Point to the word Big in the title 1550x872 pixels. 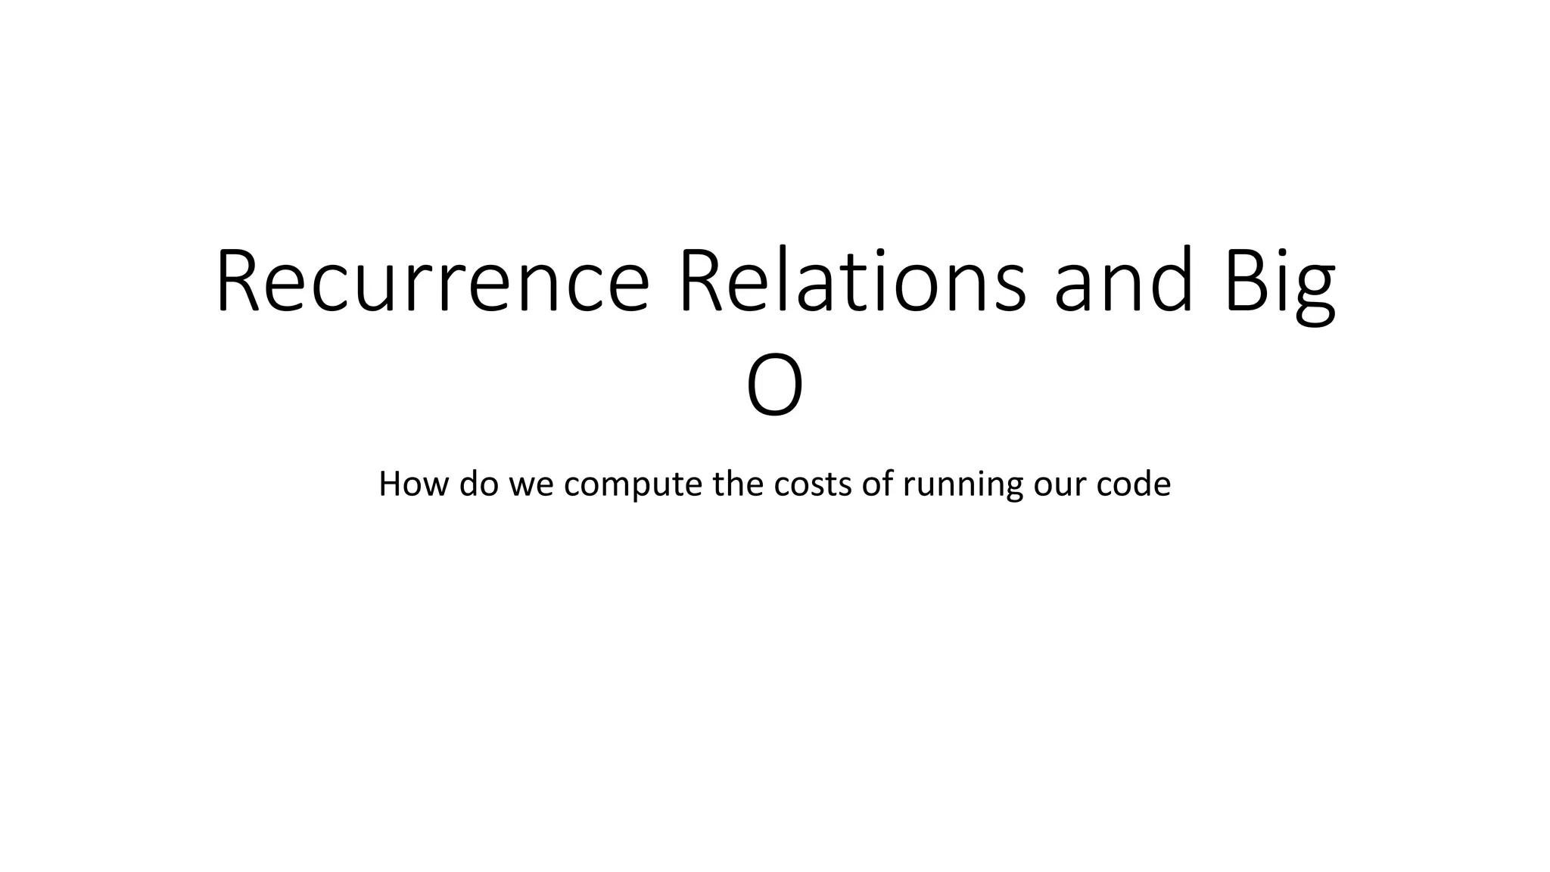[x=1280, y=282]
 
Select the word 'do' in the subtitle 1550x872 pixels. [x=479, y=484]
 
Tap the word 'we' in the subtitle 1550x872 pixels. [x=532, y=485]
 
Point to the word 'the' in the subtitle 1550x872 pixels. [x=739, y=484]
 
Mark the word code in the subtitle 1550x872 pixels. [x=1133, y=484]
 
